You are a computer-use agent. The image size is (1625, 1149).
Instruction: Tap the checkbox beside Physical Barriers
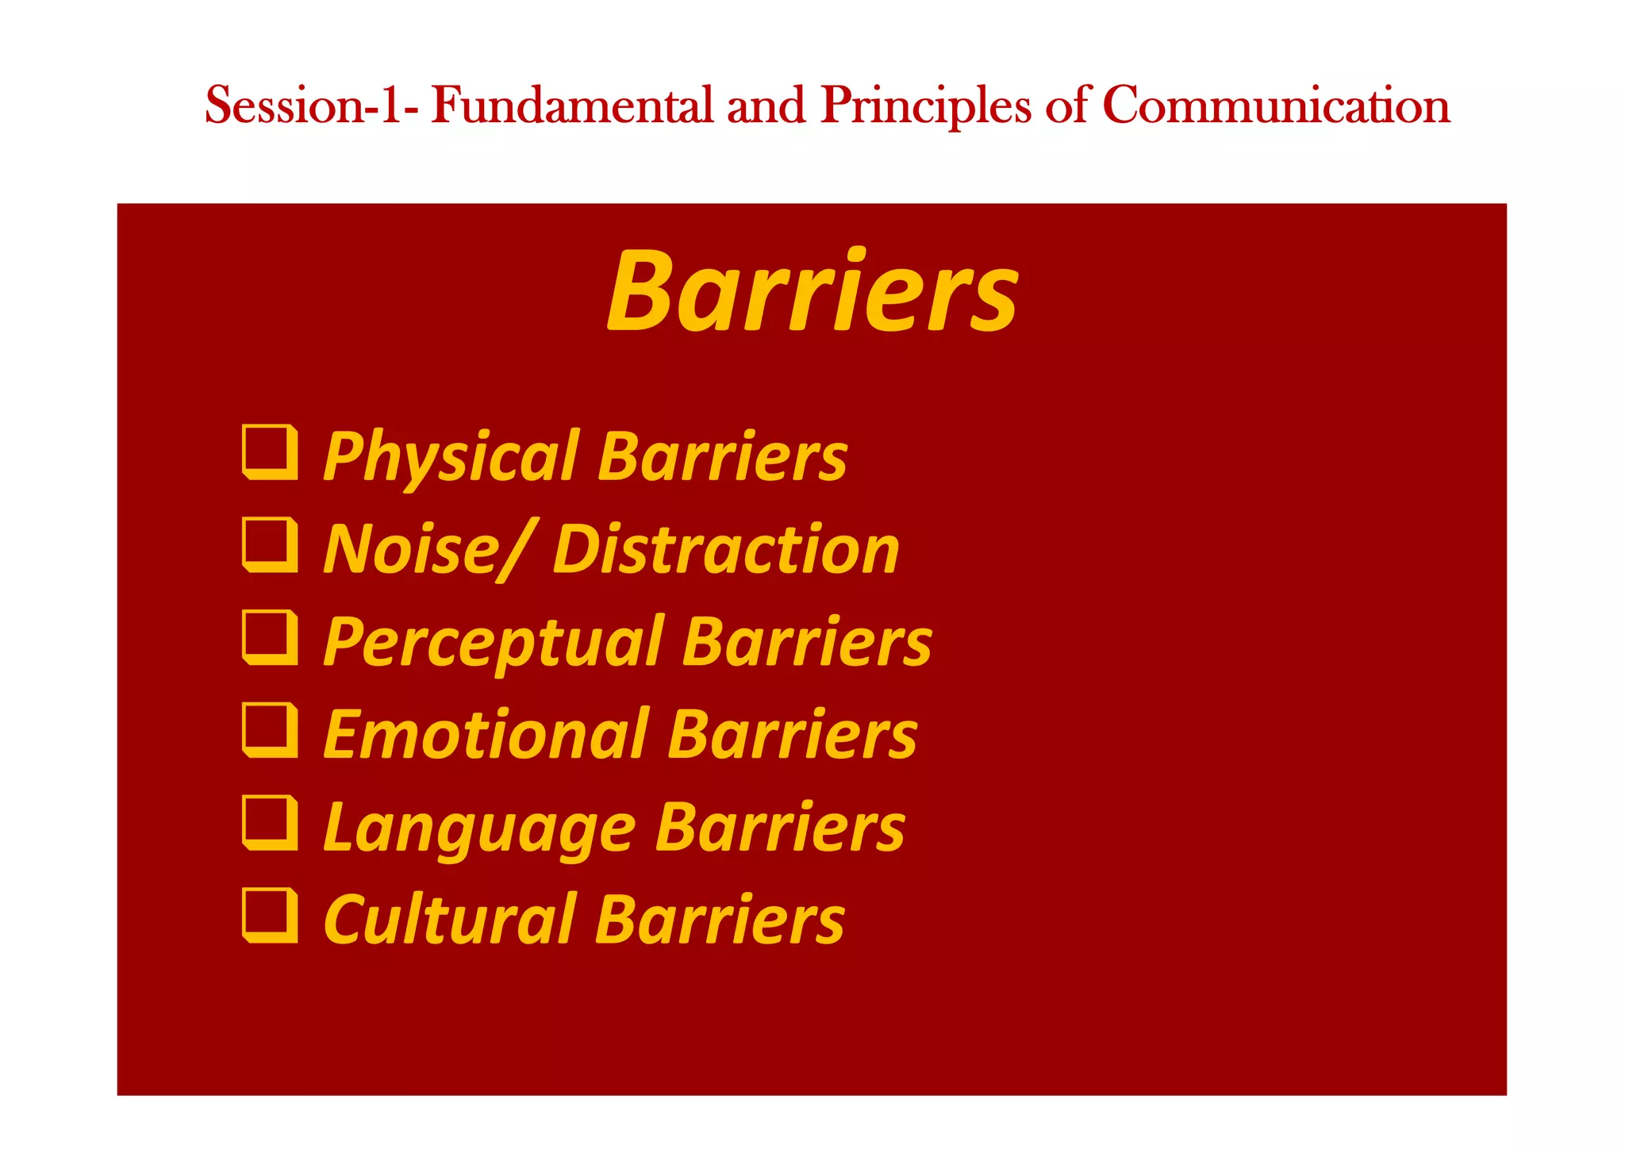[x=271, y=453]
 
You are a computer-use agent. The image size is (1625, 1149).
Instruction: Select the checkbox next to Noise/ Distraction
[x=271, y=545]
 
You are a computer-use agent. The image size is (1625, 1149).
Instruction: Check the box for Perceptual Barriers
[x=271, y=638]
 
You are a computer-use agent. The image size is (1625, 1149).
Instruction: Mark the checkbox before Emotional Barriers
[x=271, y=731]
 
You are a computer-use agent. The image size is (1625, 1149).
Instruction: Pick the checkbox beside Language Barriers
[x=271, y=823]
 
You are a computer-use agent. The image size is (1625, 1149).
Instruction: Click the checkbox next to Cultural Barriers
[x=271, y=916]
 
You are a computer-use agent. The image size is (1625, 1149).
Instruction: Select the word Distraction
[x=726, y=550]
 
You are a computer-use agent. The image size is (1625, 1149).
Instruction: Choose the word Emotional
[x=486, y=735]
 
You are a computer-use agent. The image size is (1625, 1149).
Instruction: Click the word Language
[x=479, y=828]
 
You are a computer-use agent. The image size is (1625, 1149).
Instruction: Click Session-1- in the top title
[x=310, y=106]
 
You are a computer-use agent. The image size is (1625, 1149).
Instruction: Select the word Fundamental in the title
[x=571, y=106]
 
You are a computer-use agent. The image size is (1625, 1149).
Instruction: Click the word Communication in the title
[x=1276, y=106]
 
